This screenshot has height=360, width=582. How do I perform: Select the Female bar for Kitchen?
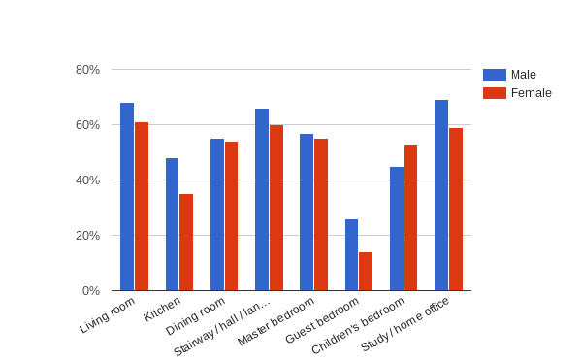coord(186,243)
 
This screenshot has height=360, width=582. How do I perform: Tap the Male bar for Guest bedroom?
coord(351,255)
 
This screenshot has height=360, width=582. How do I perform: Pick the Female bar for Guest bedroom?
coord(366,272)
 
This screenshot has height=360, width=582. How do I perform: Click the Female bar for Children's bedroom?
coord(410,217)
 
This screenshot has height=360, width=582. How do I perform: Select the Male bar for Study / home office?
coord(441,195)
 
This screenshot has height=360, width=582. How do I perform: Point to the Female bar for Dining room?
coord(231,216)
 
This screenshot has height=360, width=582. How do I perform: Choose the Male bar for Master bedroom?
coord(307,213)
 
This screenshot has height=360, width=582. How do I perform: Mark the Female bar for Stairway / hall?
coord(276,208)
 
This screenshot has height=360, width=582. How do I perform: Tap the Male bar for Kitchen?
coord(172,224)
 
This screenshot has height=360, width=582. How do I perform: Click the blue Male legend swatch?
coord(494,75)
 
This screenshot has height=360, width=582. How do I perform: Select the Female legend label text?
coord(532,93)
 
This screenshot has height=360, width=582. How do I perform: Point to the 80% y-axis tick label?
coord(87,70)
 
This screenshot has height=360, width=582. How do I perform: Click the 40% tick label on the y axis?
coord(87,180)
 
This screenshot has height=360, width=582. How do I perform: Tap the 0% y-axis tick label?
coord(91,291)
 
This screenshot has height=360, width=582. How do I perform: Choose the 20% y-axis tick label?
coord(87,236)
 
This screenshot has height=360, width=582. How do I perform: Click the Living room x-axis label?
coord(108,315)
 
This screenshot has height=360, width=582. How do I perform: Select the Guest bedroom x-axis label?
coord(323,320)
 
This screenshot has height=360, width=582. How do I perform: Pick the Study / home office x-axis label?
coord(405,324)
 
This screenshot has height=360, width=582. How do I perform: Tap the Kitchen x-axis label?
coord(162,309)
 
